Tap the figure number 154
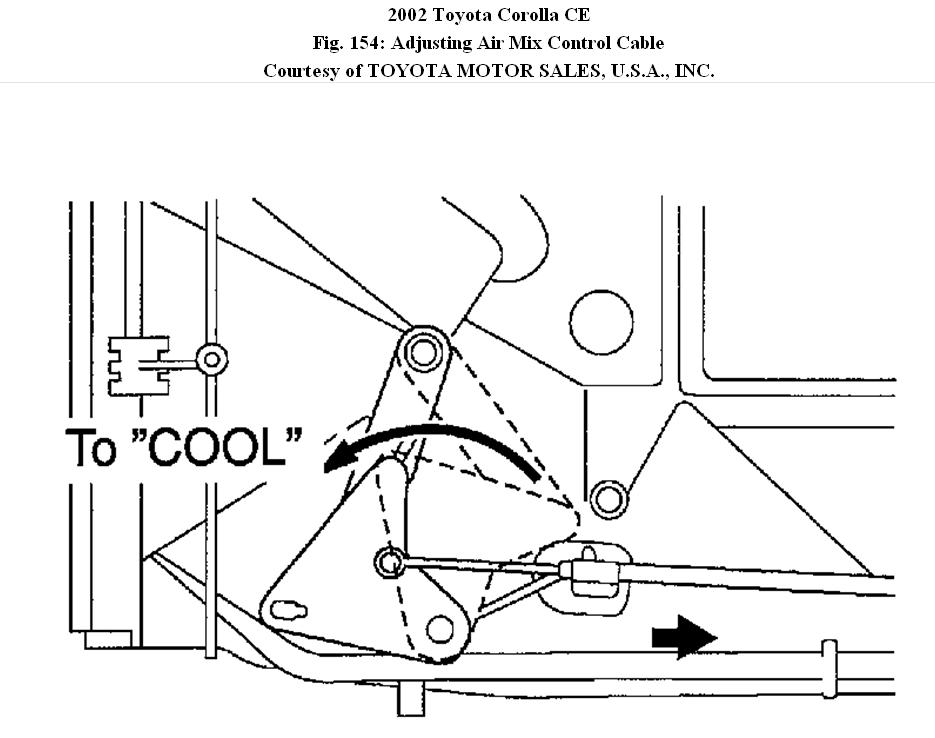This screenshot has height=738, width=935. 367,42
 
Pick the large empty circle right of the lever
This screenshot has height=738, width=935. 601,322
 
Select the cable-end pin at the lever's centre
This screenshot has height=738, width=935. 388,563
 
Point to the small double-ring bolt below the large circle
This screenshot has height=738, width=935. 607,497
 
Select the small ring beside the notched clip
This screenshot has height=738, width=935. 211,359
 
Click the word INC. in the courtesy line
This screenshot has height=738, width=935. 692,71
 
